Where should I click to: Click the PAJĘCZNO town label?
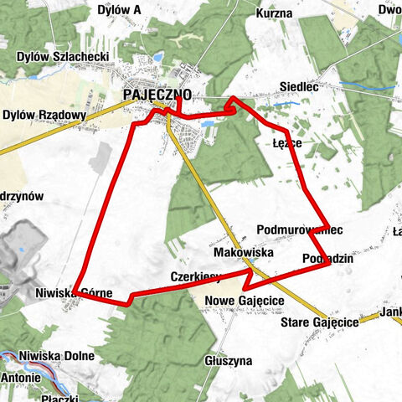click(157, 95)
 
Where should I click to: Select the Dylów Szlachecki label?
click(64, 57)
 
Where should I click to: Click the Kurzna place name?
click(276, 13)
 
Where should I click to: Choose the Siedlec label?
click(298, 86)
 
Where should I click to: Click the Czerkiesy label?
click(194, 275)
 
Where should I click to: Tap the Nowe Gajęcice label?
click(244, 301)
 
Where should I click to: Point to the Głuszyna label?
click(228, 361)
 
